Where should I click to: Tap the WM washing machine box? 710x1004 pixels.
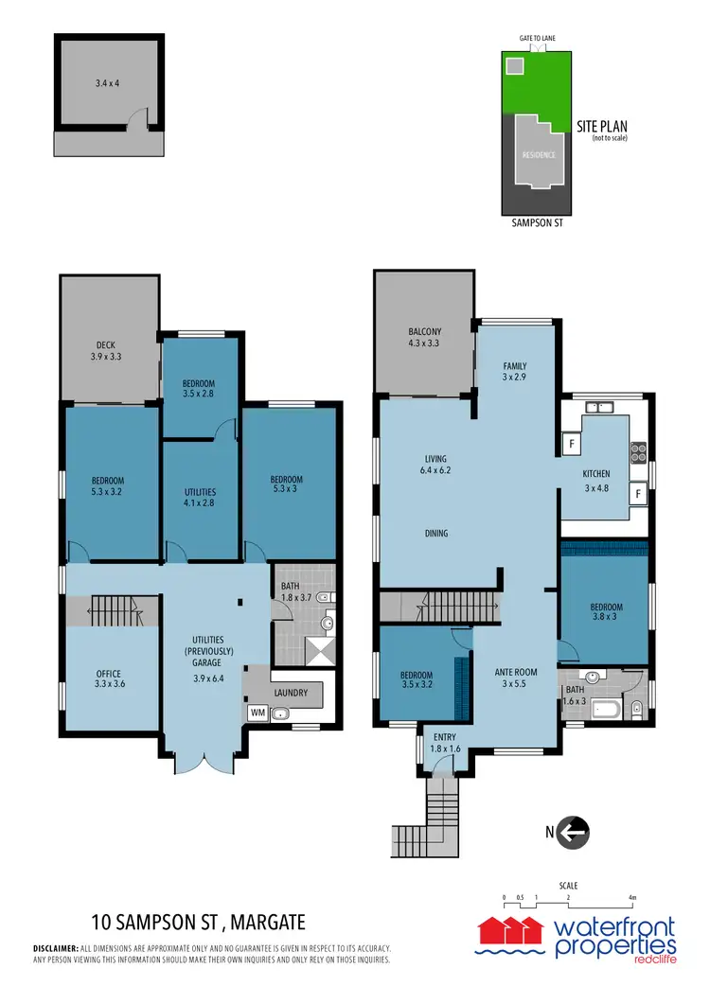(256, 713)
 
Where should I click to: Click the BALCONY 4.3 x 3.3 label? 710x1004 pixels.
(424, 337)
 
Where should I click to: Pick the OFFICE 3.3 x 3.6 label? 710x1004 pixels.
(108, 679)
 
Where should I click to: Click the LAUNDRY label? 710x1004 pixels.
(291, 693)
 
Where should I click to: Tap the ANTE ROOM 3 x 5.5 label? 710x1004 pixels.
(517, 678)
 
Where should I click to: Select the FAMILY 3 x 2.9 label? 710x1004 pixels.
(515, 371)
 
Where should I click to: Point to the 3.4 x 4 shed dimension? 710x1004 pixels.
(110, 84)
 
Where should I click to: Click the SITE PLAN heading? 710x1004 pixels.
(602, 126)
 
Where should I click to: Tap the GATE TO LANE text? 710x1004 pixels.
(537, 37)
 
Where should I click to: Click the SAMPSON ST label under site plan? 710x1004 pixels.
(536, 225)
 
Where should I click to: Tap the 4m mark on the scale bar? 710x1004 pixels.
(631, 896)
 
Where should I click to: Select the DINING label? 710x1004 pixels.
(435, 534)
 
